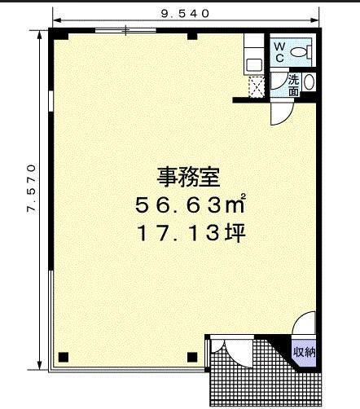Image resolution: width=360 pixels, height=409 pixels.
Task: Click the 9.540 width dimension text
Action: click(185, 14)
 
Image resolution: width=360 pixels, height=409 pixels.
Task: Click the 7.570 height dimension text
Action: click(31, 189)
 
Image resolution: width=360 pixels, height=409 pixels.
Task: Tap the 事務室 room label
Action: click(188, 177)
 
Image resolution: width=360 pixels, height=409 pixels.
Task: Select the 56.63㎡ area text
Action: click(191, 204)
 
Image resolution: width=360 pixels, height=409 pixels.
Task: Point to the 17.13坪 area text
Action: click(191, 233)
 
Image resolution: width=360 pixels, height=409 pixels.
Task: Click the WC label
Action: click(279, 52)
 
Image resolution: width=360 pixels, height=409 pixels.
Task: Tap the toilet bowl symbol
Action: click(301, 52)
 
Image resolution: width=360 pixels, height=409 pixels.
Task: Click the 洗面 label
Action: click(293, 86)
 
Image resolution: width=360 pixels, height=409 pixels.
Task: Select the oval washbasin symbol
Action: click(309, 82)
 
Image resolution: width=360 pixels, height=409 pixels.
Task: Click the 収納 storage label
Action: click(304, 353)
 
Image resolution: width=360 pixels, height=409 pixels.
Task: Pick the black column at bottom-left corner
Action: click(64, 357)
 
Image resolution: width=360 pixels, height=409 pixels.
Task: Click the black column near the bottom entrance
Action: click(192, 357)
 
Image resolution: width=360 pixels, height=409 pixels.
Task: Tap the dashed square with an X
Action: click(257, 86)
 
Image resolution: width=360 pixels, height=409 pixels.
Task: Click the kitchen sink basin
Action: click(254, 65)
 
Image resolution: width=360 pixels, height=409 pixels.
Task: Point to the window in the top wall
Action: click(125, 30)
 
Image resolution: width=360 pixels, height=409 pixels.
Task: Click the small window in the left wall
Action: click(50, 101)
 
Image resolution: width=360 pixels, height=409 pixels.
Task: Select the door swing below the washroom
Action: click(283, 112)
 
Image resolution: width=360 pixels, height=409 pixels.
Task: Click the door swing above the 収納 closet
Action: click(304, 323)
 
